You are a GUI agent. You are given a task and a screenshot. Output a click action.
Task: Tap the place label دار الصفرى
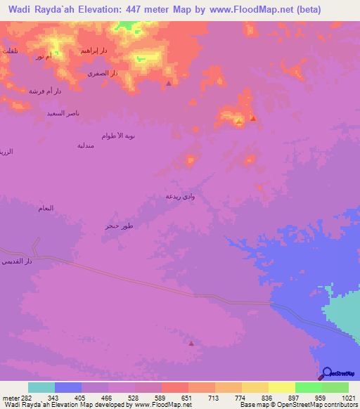pos(102,72)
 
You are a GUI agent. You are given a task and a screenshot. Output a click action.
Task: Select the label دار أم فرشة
pos(45,91)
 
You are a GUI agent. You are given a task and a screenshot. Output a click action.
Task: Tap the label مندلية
pos(85,145)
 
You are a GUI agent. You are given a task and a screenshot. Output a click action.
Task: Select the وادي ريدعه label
pos(179,196)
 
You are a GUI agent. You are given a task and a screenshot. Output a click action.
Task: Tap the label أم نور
pos(44,56)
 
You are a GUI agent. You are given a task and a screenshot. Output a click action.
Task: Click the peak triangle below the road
pos(192,343)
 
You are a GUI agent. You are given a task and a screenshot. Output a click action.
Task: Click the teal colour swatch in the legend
pos(41,387)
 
